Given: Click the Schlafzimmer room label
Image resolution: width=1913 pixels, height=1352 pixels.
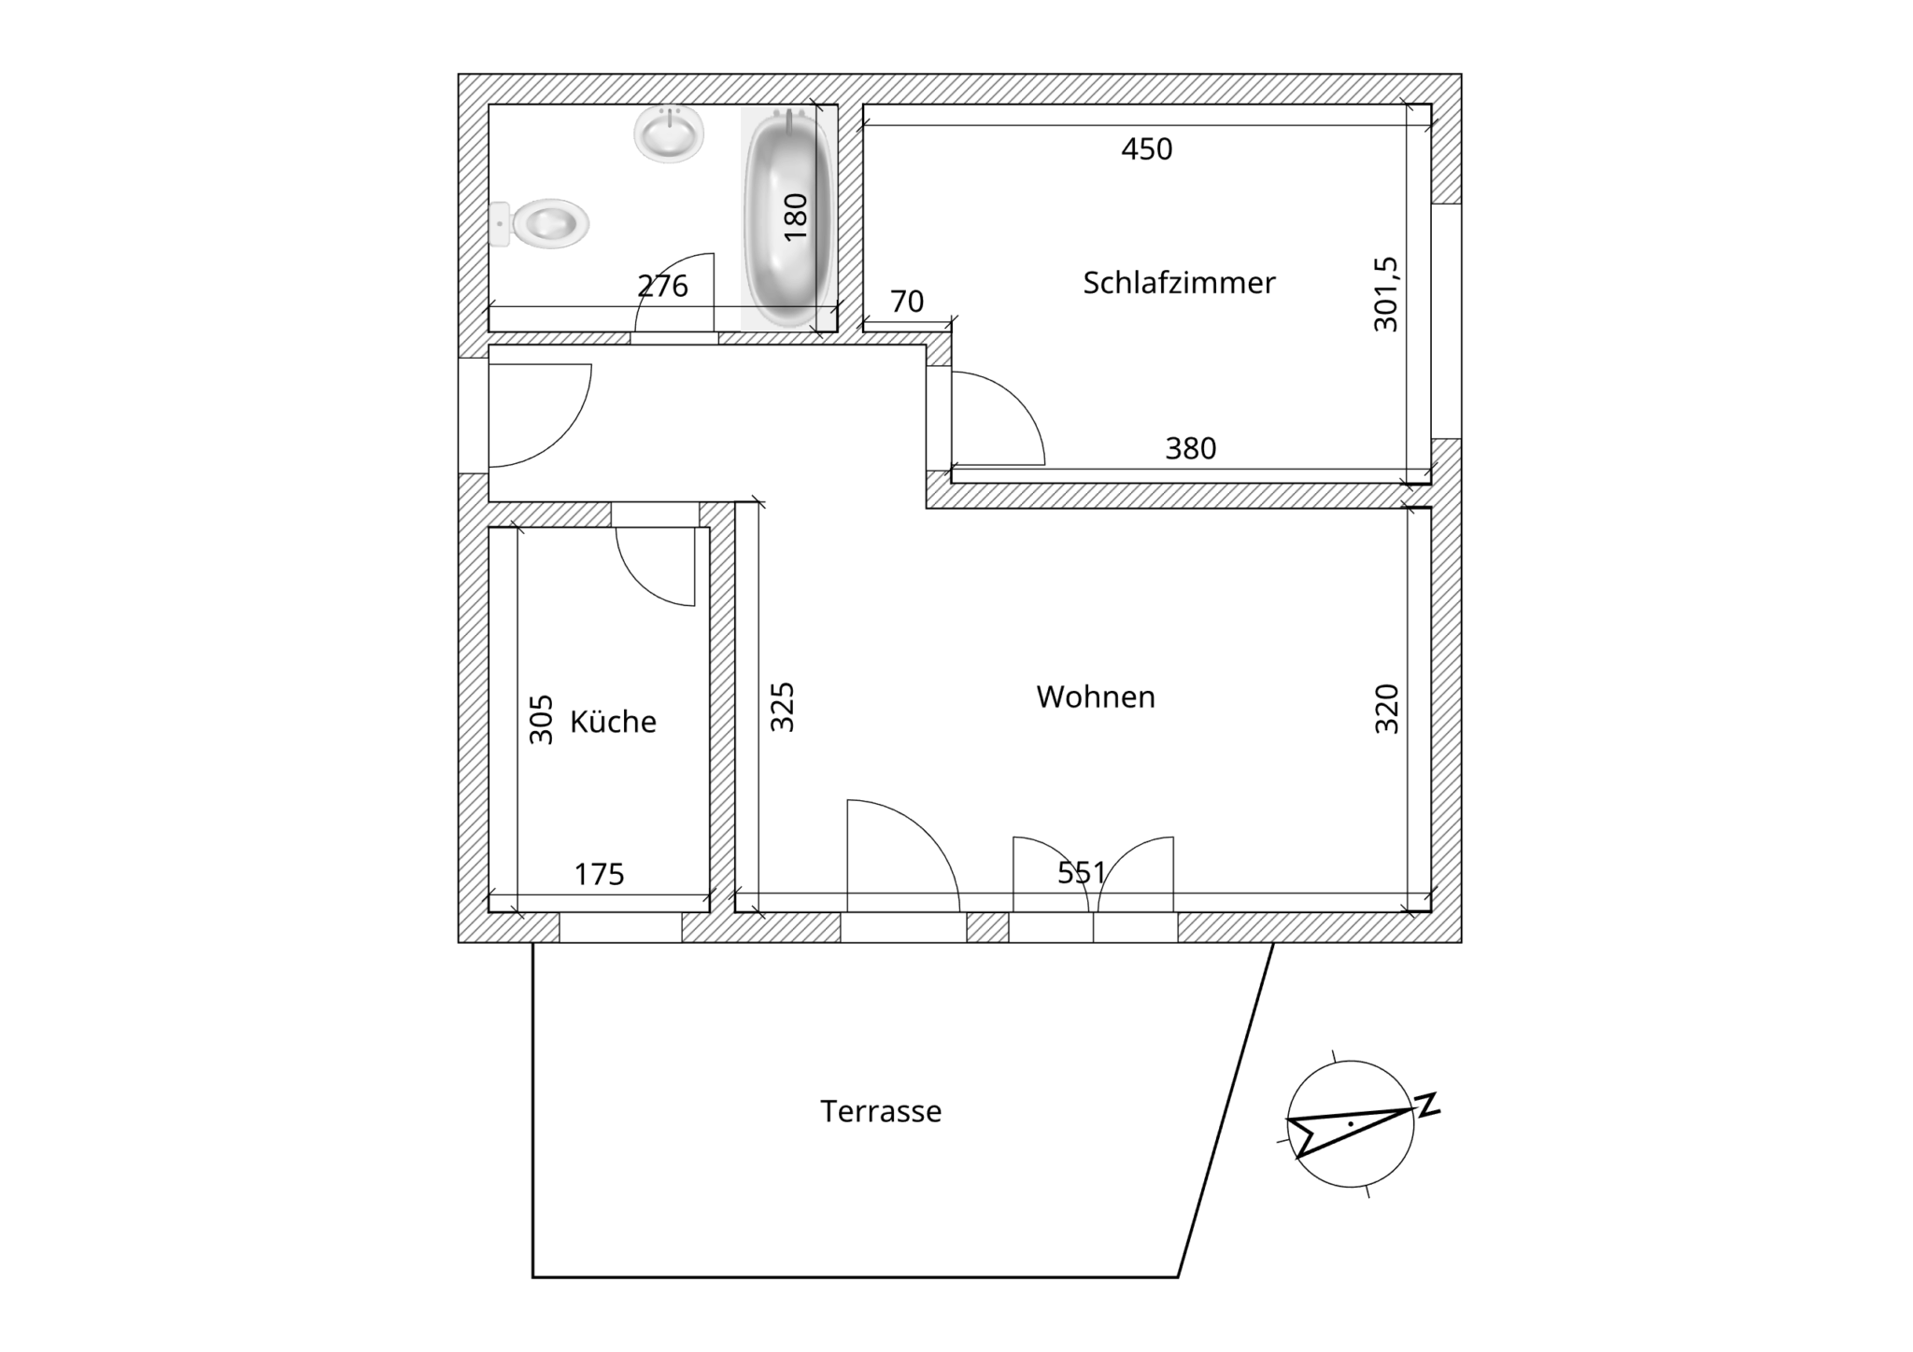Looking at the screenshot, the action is (1179, 283).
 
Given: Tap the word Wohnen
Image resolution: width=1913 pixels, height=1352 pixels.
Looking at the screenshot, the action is (1096, 697).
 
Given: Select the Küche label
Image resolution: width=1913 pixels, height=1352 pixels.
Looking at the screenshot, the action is (613, 721).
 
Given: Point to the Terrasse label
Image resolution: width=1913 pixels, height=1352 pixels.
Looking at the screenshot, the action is (881, 1111).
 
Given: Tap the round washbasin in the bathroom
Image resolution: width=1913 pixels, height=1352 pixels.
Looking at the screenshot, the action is (669, 134).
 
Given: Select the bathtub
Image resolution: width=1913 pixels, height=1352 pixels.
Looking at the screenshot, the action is (788, 218).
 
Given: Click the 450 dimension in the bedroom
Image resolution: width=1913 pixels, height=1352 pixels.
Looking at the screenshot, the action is (1147, 149).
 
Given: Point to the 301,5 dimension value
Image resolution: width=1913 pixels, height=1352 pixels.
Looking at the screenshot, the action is (1386, 294).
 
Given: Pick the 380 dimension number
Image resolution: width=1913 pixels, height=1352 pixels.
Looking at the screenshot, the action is (1191, 449).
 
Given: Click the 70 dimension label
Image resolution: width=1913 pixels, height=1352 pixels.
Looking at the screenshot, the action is (907, 302).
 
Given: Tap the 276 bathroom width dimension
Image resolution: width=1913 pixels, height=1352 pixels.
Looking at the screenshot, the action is (662, 286).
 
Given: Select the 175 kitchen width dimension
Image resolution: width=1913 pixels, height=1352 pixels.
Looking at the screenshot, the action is (599, 874).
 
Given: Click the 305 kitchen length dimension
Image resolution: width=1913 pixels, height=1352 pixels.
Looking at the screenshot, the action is (542, 719).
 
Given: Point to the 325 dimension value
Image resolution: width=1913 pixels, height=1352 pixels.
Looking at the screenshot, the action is (782, 707).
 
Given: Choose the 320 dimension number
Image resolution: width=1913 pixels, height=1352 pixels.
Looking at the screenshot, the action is (1387, 709).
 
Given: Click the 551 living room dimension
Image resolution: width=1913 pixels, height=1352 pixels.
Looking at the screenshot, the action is (1082, 873).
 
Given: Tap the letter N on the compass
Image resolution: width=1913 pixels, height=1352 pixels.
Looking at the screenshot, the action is (1428, 1105).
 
